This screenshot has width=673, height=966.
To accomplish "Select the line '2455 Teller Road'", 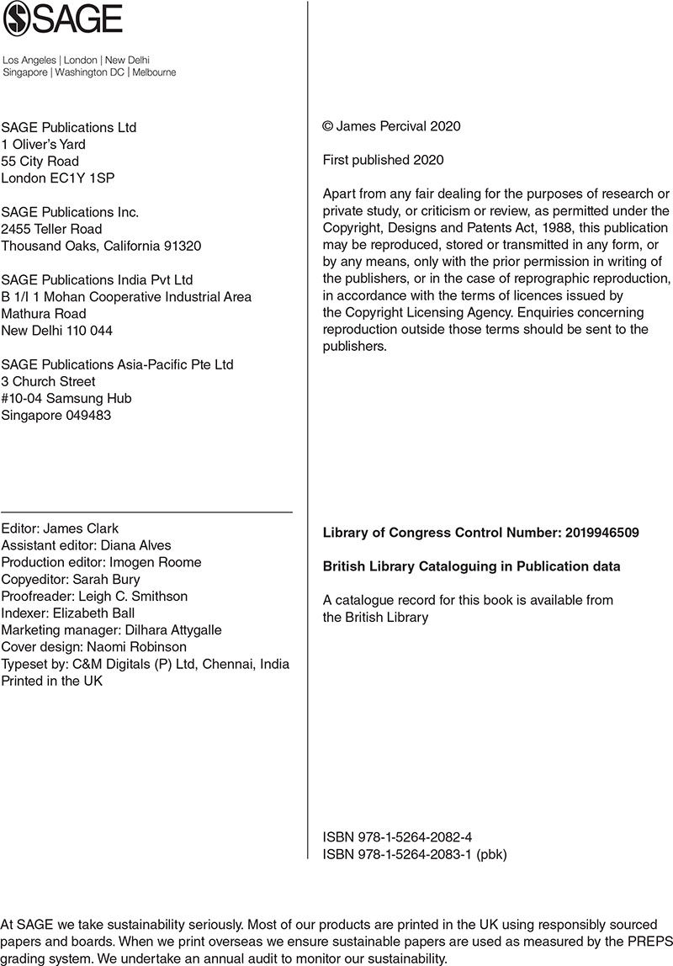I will [x=51, y=229].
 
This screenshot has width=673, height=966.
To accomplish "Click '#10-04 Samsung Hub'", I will [x=66, y=398].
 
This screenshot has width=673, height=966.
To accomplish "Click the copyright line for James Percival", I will [x=391, y=127].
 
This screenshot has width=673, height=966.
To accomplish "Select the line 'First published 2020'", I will [x=383, y=160].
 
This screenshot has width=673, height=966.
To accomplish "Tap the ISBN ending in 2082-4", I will [x=397, y=837].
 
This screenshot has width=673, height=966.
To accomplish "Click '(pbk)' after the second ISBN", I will [x=492, y=854].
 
